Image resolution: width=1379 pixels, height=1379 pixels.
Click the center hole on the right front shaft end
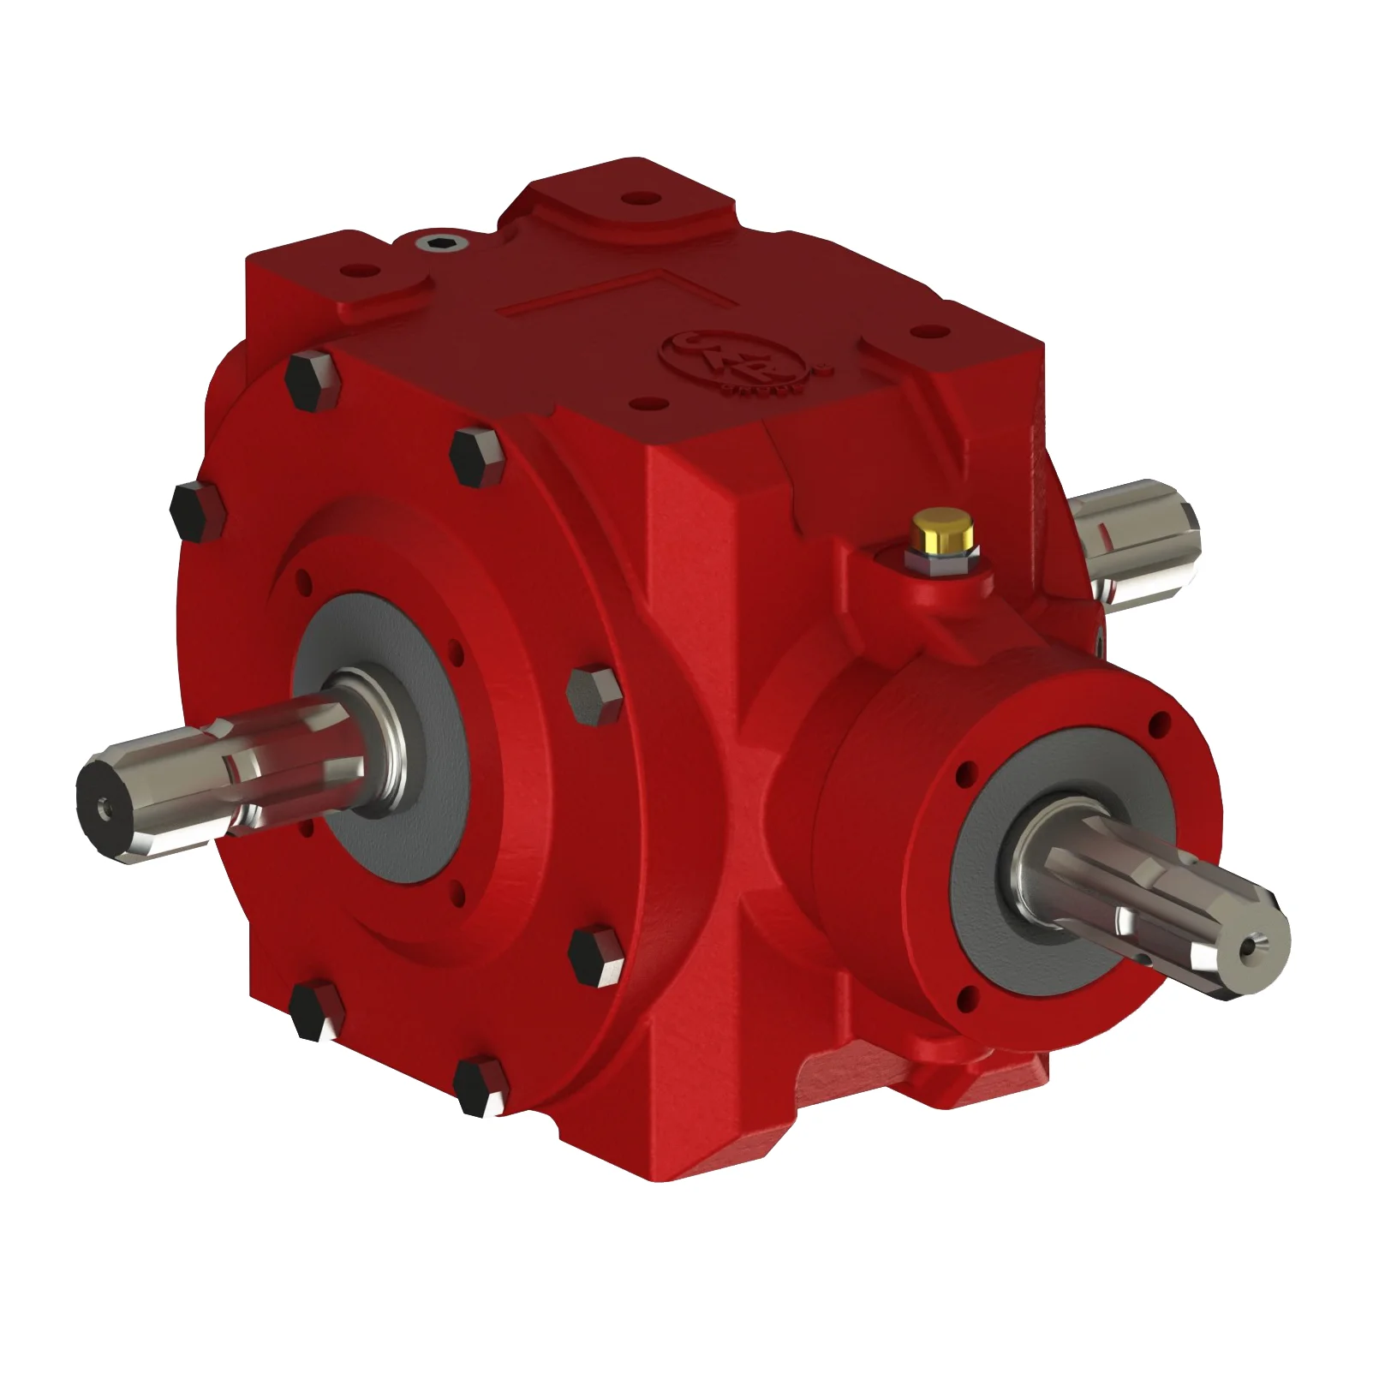click(1257, 946)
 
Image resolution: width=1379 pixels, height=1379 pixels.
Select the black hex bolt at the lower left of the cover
click(316, 1011)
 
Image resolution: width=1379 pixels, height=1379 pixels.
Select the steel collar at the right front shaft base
click(1047, 865)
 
